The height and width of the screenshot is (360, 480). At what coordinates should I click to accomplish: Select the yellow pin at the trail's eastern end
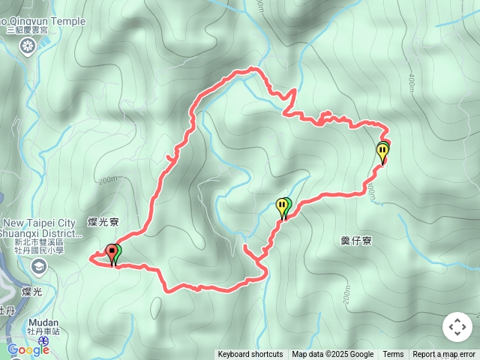click(x=383, y=152)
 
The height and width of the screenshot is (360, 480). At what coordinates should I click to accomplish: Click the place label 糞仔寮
click(x=356, y=241)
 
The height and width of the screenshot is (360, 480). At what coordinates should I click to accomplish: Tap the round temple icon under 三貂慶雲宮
click(x=28, y=47)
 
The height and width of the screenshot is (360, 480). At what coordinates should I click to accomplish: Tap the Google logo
click(x=28, y=349)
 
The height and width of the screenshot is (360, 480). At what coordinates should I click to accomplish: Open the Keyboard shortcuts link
click(x=250, y=355)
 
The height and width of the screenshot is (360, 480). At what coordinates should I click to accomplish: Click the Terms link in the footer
click(x=393, y=355)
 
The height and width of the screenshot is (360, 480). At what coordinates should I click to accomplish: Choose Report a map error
click(x=444, y=355)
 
